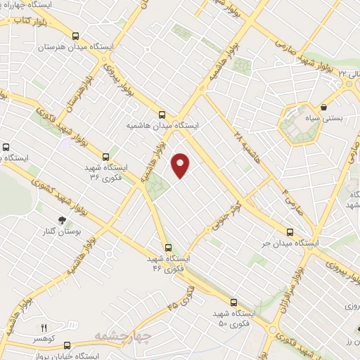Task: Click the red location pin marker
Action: (181, 165)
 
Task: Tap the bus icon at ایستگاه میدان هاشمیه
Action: (162, 113)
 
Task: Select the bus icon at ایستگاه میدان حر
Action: (290, 232)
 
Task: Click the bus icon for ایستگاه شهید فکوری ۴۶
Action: (167, 247)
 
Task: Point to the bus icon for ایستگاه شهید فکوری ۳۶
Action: (105, 157)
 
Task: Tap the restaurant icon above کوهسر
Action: (43, 328)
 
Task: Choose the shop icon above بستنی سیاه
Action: (323, 108)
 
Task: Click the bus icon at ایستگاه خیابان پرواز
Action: (67, 345)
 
